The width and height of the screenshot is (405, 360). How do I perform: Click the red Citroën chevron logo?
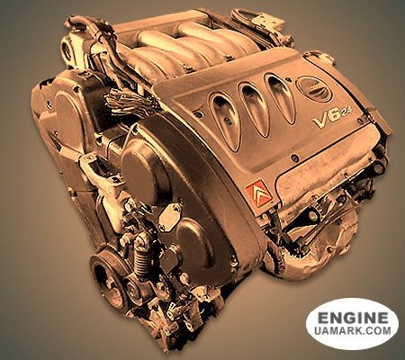click(259, 193)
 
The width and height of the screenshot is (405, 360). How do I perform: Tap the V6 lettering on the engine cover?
click(327, 119)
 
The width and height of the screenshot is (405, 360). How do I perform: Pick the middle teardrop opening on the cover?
click(253, 109)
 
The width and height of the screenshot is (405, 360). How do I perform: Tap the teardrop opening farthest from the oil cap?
click(225, 121)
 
